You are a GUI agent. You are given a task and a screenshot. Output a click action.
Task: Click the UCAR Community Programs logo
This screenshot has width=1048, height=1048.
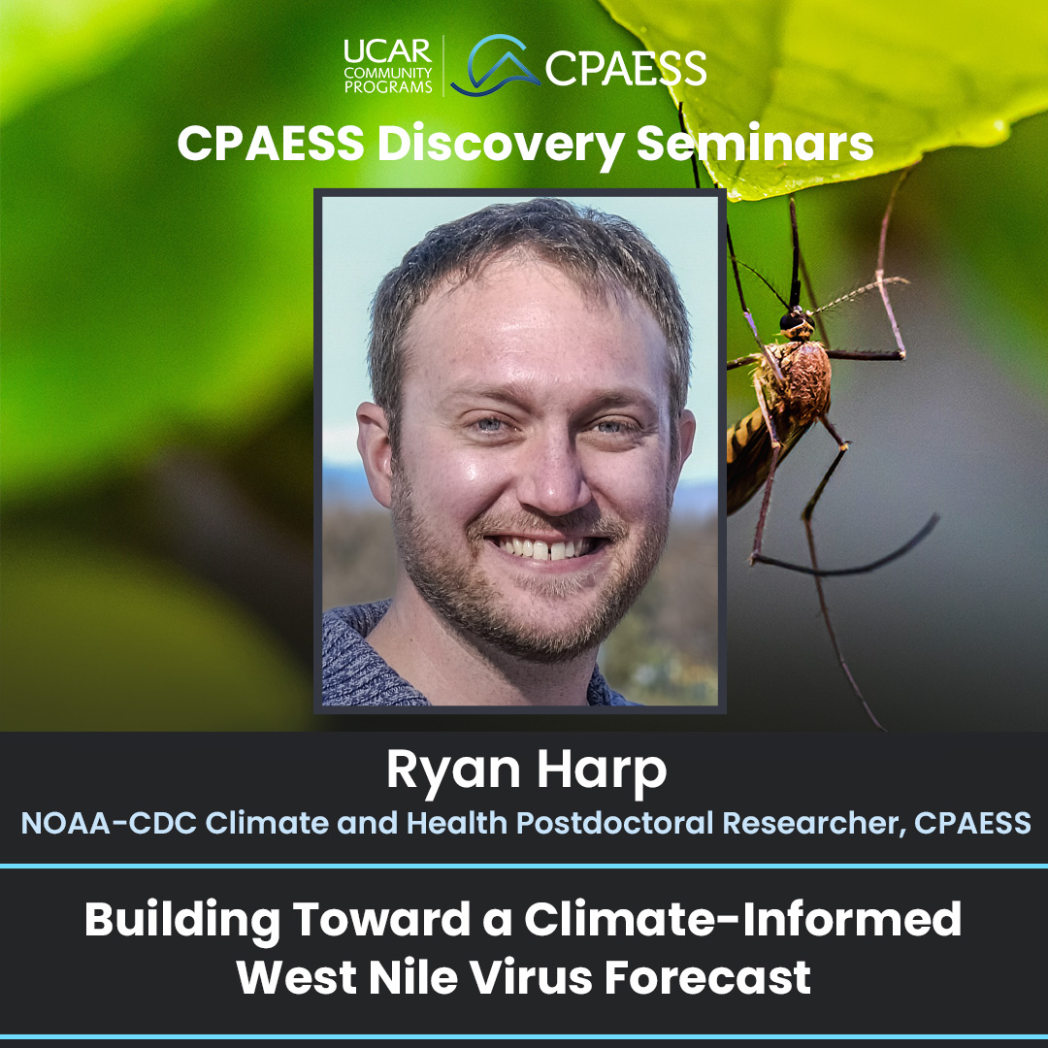pyautogui.click(x=387, y=66)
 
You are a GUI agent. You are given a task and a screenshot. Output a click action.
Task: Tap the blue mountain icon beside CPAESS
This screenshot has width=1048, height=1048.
pyautogui.click(x=496, y=66)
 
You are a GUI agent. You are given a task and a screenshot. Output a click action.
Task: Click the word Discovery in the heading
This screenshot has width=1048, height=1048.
pyautogui.click(x=501, y=145)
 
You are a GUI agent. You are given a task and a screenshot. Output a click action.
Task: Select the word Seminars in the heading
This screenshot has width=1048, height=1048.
pyautogui.click(x=755, y=143)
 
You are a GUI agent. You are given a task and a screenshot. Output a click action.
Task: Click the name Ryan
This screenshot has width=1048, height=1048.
pyautogui.click(x=453, y=770)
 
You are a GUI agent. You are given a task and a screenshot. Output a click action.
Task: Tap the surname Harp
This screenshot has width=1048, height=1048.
pyautogui.click(x=602, y=770)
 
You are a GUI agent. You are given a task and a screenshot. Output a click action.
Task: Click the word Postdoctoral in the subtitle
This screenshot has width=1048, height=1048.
pyautogui.click(x=615, y=823)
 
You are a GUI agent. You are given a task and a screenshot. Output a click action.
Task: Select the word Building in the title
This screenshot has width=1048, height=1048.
pyautogui.click(x=182, y=920)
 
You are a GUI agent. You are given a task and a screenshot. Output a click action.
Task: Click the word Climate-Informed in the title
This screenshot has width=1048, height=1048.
pyautogui.click(x=742, y=919)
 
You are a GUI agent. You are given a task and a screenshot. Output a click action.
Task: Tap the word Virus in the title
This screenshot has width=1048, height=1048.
pyautogui.click(x=531, y=978)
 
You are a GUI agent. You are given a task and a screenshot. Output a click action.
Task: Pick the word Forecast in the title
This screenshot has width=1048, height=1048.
pyautogui.click(x=707, y=978)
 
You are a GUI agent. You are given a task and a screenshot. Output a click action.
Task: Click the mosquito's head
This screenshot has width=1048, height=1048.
pyautogui.click(x=796, y=322)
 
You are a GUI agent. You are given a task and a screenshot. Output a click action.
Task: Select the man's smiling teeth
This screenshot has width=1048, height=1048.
pyautogui.click(x=542, y=548)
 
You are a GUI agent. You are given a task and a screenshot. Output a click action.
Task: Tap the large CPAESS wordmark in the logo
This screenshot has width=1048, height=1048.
pyautogui.click(x=626, y=68)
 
